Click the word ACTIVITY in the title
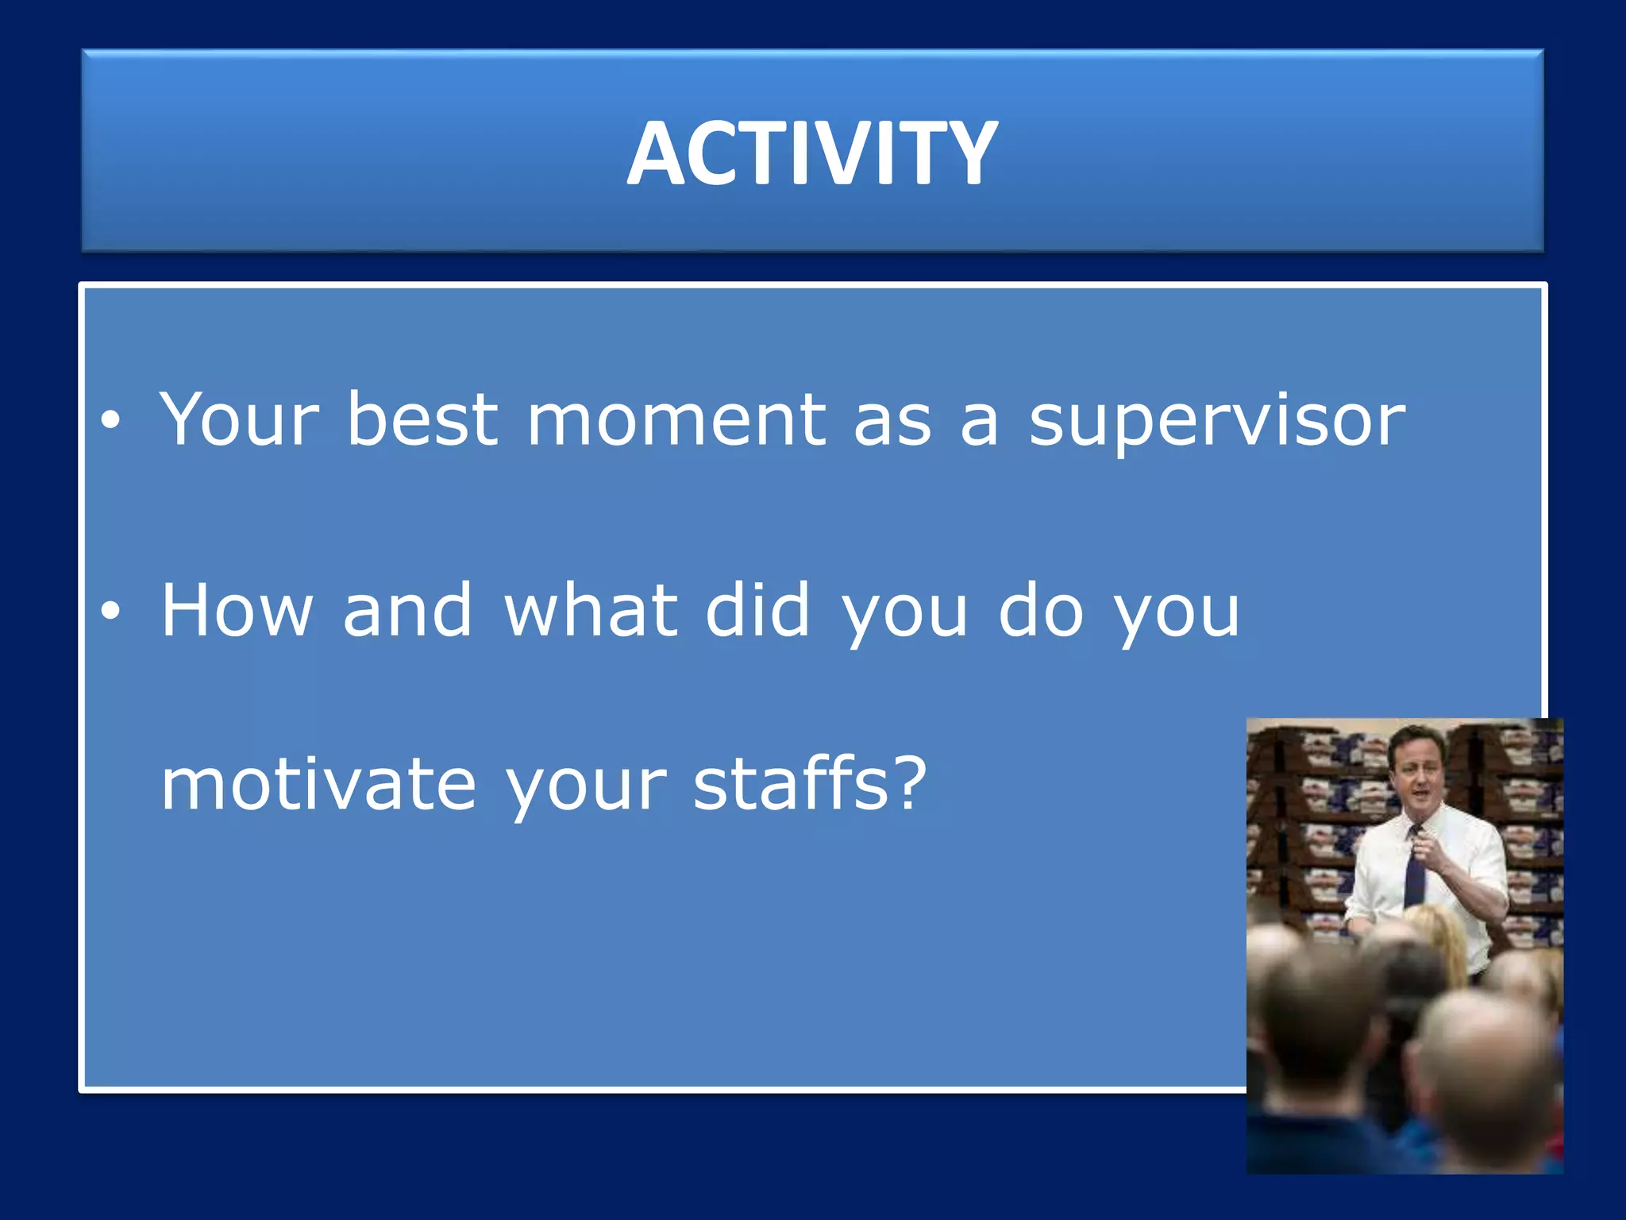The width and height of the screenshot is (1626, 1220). coord(812,152)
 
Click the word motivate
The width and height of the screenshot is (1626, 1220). coord(318,784)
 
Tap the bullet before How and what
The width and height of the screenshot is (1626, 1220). coord(110,610)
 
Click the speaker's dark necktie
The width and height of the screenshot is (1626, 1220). coord(1414,870)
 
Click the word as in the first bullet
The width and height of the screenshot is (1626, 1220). coord(892,421)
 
